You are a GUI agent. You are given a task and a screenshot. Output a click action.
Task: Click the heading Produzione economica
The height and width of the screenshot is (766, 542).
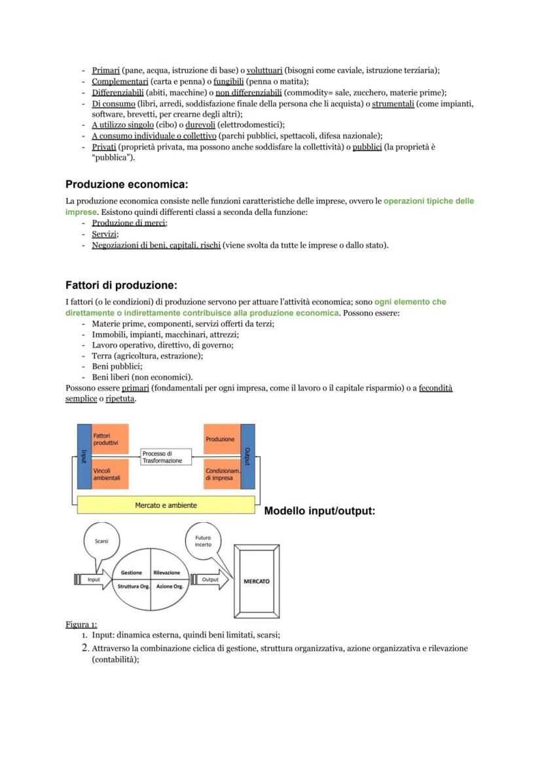coord(126,185)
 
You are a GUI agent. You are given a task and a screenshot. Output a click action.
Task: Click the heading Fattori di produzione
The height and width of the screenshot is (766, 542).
coord(121,285)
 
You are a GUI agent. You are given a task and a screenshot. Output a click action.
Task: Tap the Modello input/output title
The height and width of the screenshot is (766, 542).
coord(319,510)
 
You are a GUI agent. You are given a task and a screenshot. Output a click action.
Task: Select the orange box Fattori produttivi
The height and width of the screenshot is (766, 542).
coord(110,439)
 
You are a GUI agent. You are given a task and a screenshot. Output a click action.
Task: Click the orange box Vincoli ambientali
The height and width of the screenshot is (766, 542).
coord(110,474)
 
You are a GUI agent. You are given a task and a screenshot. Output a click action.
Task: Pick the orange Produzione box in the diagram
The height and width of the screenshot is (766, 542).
coord(222,439)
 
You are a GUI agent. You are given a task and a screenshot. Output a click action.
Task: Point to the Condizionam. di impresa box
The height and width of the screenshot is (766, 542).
coord(222,474)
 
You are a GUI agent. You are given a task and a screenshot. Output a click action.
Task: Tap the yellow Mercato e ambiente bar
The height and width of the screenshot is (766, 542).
coord(166,505)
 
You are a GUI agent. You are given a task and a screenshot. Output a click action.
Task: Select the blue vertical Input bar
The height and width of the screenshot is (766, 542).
coord(83,456)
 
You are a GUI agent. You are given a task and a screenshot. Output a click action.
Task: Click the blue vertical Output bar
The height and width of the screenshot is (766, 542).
coord(247,456)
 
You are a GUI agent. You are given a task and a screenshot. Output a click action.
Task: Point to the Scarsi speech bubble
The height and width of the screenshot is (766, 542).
coord(102,543)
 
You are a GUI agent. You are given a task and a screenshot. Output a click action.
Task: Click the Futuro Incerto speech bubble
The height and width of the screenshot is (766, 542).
coord(203,543)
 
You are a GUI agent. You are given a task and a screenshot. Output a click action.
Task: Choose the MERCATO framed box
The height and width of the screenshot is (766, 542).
coord(257,581)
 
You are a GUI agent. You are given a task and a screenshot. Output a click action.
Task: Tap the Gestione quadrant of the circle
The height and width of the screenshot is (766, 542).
coord(132,572)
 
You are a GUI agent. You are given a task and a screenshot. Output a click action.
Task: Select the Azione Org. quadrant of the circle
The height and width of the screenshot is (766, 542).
coord(170,586)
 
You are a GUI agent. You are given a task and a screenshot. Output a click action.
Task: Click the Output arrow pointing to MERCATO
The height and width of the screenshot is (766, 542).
coord(211,579)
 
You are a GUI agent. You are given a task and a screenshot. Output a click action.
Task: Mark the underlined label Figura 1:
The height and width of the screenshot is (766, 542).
coord(81,624)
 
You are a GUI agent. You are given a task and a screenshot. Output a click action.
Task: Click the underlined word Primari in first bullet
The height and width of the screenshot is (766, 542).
coord(105,70)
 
